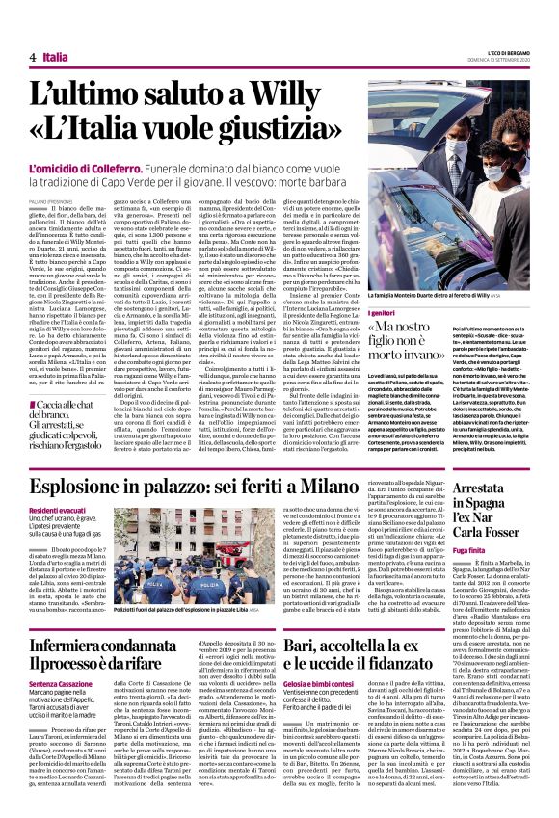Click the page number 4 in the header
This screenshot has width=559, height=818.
[33, 59]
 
